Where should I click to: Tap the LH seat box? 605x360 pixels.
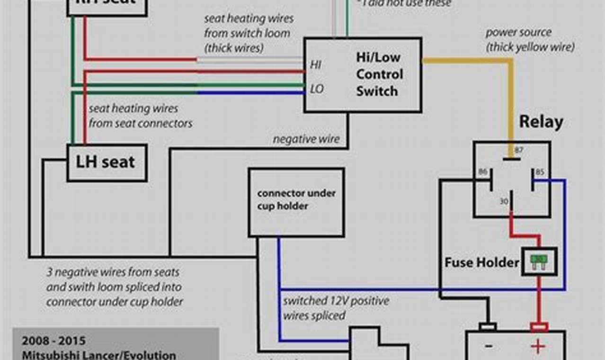click(106, 162)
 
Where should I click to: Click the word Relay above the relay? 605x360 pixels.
click(541, 122)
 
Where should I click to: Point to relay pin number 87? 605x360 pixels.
click(519, 150)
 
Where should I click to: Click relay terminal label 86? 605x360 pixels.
click(483, 171)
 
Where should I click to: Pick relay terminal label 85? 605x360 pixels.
click(540, 171)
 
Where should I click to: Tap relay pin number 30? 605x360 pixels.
click(504, 202)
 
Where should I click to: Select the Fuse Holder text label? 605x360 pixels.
click(481, 262)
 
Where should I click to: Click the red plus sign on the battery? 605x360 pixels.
click(538, 347)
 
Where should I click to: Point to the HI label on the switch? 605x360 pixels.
click(316, 64)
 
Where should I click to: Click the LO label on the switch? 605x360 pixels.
click(317, 89)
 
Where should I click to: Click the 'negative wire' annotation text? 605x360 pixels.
click(306, 139)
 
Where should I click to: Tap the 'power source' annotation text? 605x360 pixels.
click(518, 33)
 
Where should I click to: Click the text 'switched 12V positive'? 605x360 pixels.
click(336, 301)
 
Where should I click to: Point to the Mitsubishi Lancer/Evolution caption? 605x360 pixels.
click(98, 355)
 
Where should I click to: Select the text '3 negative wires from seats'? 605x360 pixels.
click(113, 272)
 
